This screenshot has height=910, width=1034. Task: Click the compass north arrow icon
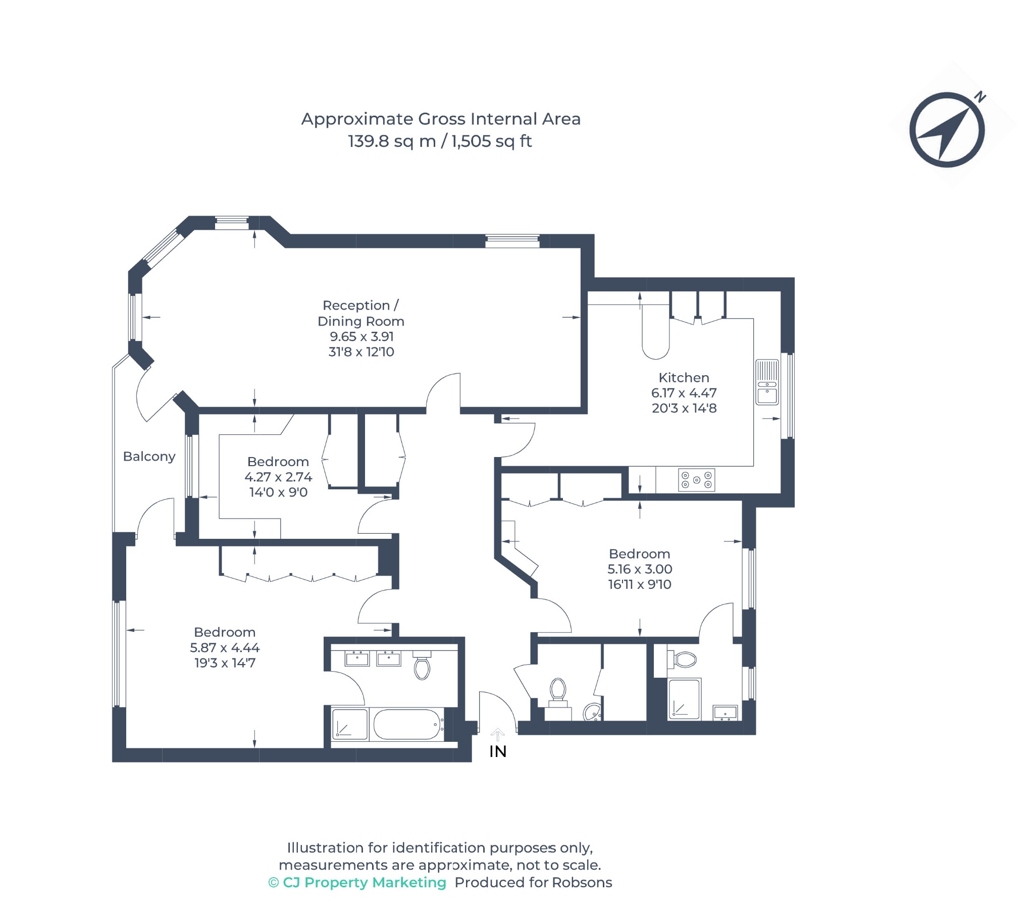(x=947, y=130)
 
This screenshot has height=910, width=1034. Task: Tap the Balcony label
(x=149, y=457)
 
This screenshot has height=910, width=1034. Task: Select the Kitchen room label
(x=684, y=378)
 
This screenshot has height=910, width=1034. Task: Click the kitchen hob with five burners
(x=696, y=480)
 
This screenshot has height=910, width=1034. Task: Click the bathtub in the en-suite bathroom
(x=407, y=724)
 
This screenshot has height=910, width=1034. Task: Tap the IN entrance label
(x=498, y=751)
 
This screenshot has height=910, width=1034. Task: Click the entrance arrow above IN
(x=498, y=734)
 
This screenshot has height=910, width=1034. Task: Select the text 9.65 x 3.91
(x=361, y=336)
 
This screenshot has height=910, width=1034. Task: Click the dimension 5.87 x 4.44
(x=225, y=647)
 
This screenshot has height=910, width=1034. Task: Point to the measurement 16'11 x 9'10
(x=639, y=584)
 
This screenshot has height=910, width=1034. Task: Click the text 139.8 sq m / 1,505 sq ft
(x=440, y=141)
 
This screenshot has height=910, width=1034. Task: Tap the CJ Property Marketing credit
(x=357, y=882)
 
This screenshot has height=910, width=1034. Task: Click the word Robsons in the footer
(x=582, y=882)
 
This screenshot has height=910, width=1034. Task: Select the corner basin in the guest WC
(x=592, y=712)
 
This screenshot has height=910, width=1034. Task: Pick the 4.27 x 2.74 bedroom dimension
(x=278, y=477)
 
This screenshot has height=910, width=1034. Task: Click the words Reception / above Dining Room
(x=360, y=305)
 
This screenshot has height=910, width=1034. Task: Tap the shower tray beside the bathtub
(x=349, y=724)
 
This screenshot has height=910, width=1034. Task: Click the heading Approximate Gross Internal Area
(x=441, y=119)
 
